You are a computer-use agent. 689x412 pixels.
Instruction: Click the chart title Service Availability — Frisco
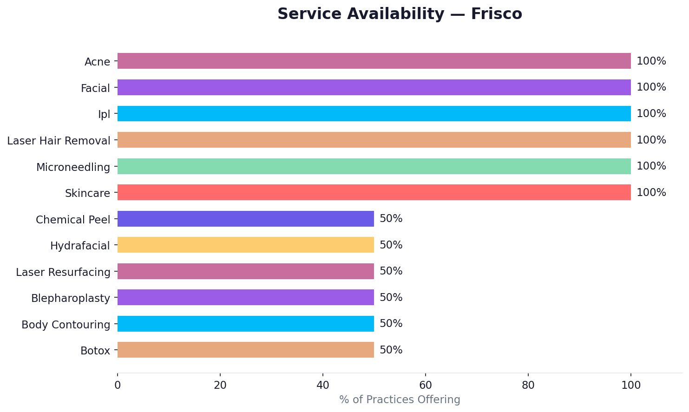pos(400,14)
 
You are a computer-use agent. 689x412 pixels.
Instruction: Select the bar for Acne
pos(374,61)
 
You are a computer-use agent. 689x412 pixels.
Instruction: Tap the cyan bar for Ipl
pos(374,113)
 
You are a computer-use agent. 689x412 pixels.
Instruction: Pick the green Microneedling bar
pos(374,166)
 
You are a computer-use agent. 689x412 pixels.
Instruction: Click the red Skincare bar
pos(374,192)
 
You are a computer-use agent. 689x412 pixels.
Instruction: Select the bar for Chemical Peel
pos(246,219)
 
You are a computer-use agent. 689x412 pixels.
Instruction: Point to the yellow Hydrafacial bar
pos(246,245)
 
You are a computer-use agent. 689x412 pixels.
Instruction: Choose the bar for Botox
pos(246,350)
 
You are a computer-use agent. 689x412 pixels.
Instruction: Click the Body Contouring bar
pos(246,324)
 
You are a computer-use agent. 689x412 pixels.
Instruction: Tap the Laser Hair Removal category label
pos(59,141)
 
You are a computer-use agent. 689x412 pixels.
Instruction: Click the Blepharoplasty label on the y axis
pos(71,298)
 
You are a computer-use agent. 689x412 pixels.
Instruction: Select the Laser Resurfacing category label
pos(63,272)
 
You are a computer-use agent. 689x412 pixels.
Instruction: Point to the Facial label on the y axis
pos(95,88)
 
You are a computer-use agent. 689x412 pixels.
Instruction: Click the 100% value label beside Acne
pos(651,61)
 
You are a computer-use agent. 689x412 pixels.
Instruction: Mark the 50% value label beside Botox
pos(391,350)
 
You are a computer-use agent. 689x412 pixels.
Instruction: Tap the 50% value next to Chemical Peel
pos(391,219)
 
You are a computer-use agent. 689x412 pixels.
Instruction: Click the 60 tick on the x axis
pos(425,385)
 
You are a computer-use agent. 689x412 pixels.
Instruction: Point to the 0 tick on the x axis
pos(118,385)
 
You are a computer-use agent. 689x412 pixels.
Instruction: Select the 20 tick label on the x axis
pos(220,385)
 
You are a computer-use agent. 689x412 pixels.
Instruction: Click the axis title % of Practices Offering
pos(400,399)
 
